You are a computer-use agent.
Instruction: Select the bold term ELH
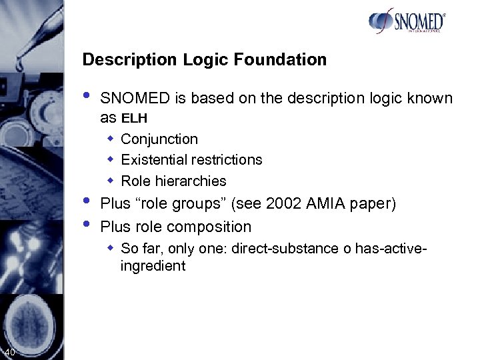click(134, 119)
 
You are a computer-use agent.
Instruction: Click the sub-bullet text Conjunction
click(159, 139)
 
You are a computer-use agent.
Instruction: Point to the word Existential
click(155, 160)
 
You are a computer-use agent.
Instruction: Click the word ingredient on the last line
click(153, 266)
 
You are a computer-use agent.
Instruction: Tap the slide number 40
click(9, 352)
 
